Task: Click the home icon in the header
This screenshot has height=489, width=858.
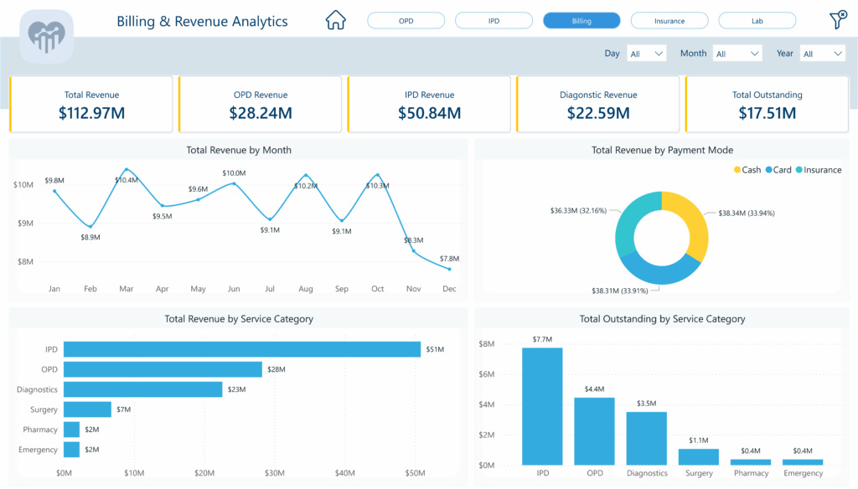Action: coord(335,20)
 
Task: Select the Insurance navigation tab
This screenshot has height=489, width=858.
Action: coord(669,21)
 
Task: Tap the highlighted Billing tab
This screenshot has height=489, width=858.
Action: coord(581,21)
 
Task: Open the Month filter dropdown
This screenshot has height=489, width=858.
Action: coord(737,54)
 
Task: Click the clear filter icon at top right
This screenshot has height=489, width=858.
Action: coord(836,20)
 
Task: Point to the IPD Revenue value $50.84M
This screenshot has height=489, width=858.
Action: coord(429,113)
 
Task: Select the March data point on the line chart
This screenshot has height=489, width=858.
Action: coord(127,170)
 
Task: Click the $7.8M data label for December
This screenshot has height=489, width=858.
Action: coord(449,259)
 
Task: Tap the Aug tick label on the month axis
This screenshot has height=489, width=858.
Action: coord(306,289)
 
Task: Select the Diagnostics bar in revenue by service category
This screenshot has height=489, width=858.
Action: coord(142,389)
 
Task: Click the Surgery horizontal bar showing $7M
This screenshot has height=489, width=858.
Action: coord(87,409)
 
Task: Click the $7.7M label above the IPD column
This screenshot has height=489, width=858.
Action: coord(542,338)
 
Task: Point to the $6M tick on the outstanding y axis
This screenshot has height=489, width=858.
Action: coord(486,374)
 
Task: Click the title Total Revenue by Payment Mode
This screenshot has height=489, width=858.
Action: coord(662,150)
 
